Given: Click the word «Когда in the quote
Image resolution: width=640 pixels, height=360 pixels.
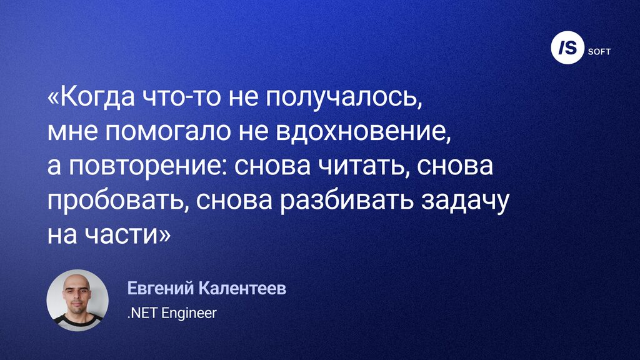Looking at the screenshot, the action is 91,98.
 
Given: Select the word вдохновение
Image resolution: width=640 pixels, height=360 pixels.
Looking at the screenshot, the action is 364,131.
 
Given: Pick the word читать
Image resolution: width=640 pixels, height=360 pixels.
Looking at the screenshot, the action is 364,166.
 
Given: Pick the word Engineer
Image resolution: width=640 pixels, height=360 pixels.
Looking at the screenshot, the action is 189,314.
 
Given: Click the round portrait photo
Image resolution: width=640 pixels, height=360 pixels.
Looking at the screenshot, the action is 77,300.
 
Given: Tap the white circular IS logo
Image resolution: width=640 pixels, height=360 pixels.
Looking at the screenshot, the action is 567,47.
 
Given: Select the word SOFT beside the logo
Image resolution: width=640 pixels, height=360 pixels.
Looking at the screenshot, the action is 599,52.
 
